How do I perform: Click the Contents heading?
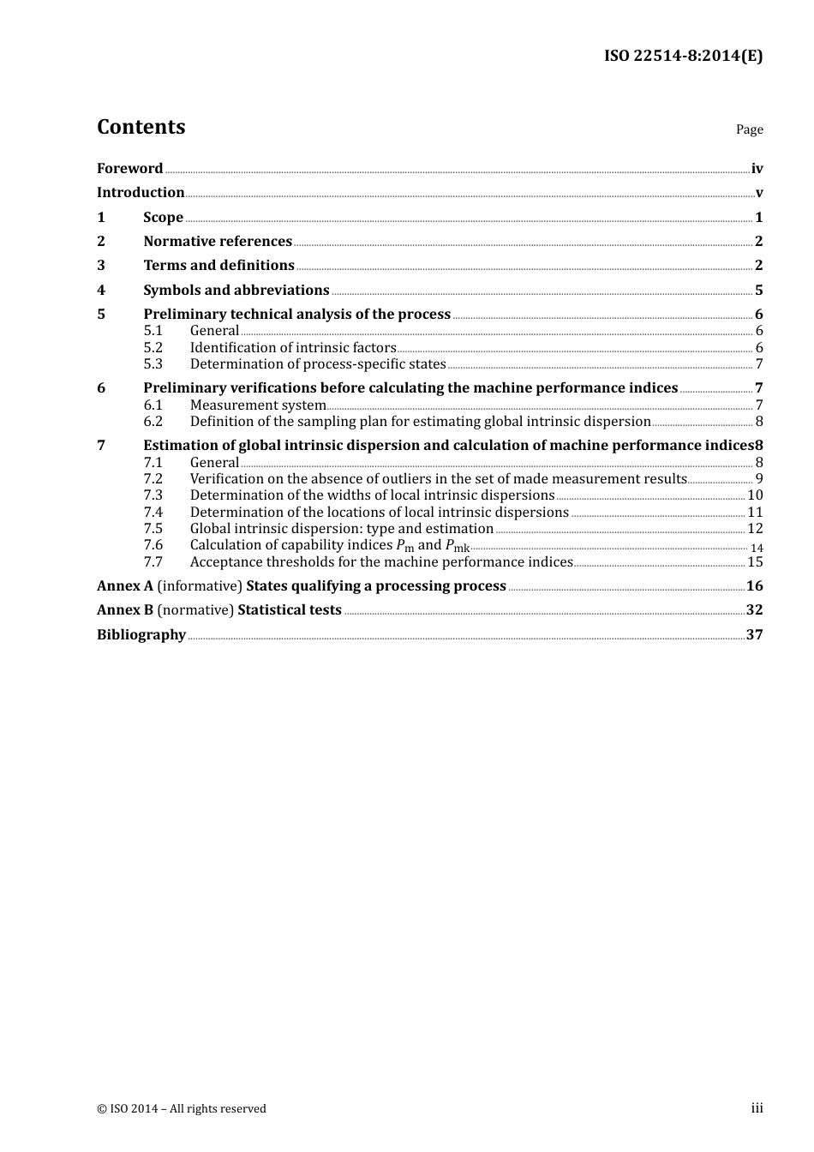pyautogui.click(x=141, y=127)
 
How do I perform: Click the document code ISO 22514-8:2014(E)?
pyautogui.click(x=683, y=56)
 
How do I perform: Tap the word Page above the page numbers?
pyautogui.click(x=749, y=129)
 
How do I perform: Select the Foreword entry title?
pyautogui.click(x=129, y=169)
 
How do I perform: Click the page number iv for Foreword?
pyautogui.click(x=757, y=169)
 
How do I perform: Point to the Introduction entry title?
pyautogui.click(x=141, y=193)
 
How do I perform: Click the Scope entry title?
pyautogui.click(x=163, y=218)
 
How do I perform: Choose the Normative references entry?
pyautogui.click(x=218, y=242)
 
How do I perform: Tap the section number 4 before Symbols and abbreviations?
pyautogui.click(x=101, y=291)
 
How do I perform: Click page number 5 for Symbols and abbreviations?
pyautogui.click(x=758, y=291)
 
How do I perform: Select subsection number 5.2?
pyautogui.click(x=153, y=348)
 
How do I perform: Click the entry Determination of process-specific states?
pyautogui.click(x=318, y=364)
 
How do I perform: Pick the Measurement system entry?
pyautogui.click(x=258, y=405)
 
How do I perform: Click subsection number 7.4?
pyautogui.click(x=153, y=513)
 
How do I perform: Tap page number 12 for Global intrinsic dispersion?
pyautogui.click(x=755, y=529)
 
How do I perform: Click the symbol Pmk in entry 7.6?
pyautogui.click(x=458, y=546)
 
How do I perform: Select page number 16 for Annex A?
pyautogui.click(x=754, y=586)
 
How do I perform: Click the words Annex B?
pyautogui.click(x=125, y=610)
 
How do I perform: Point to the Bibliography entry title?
pyautogui.click(x=141, y=635)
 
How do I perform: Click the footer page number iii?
pyautogui.click(x=757, y=1108)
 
